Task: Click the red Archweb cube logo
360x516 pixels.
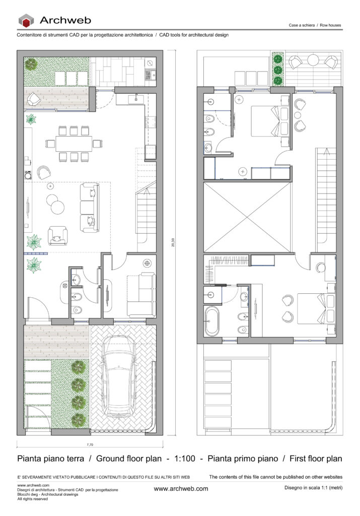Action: [26, 20]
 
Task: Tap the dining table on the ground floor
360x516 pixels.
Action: [74, 144]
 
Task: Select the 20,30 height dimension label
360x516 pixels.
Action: [173, 242]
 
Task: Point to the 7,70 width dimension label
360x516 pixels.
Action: [90, 444]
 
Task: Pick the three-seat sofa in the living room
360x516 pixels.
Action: [90, 208]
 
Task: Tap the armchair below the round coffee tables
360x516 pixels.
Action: [58, 235]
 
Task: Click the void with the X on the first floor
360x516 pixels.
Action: [247, 217]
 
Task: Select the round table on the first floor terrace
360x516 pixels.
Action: [313, 60]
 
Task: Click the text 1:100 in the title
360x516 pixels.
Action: [185, 459]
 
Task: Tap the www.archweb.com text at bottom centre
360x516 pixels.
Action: [181, 489]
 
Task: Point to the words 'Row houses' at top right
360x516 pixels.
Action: [330, 25]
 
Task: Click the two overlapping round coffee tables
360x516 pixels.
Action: [55, 204]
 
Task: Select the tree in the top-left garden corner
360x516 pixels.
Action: [31, 63]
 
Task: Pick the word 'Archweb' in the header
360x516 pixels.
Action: [65, 20]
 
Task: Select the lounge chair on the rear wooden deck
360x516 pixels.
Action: [34, 99]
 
